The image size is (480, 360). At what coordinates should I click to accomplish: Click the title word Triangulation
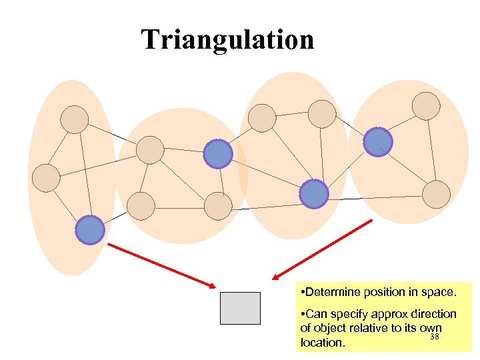click(227, 39)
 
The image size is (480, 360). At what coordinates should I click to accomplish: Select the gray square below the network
click(240, 308)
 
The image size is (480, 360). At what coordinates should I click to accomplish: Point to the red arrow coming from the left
click(161, 265)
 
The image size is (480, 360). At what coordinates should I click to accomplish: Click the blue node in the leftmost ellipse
click(89, 230)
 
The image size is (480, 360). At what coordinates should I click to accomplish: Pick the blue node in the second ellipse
click(217, 154)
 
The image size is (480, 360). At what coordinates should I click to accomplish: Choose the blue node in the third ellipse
click(313, 194)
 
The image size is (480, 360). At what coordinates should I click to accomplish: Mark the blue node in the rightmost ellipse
click(378, 142)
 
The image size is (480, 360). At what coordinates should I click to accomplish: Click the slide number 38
click(435, 337)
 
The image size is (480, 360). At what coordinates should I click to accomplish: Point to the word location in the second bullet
click(323, 343)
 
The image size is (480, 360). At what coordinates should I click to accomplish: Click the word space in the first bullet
click(439, 292)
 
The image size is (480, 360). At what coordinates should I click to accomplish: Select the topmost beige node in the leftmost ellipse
click(74, 119)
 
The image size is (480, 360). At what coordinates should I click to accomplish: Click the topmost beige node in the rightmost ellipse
click(426, 106)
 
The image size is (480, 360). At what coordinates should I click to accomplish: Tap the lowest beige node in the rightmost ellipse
click(437, 193)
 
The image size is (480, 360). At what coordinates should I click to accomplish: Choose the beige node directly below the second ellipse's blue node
click(217, 206)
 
